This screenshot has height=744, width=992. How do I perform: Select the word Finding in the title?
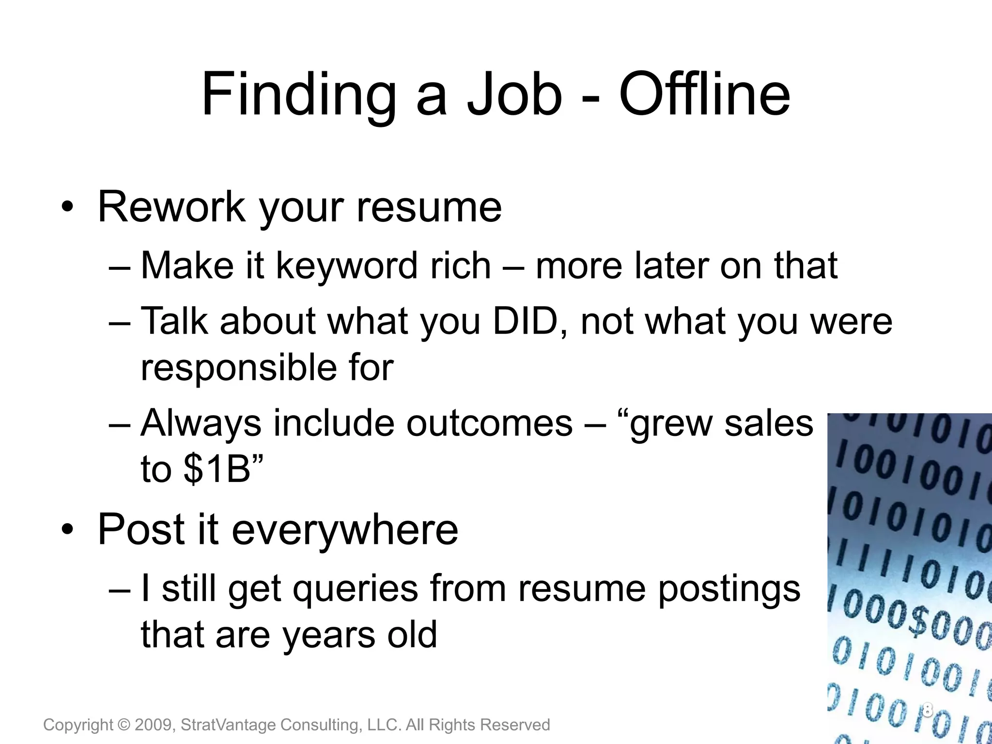pyautogui.click(x=299, y=95)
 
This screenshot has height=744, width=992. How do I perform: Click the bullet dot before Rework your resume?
pyautogui.click(x=67, y=208)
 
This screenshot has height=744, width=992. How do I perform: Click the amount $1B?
pyautogui.click(x=217, y=469)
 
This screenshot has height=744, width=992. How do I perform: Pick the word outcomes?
pyautogui.click(x=489, y=423)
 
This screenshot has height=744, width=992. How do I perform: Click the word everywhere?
pyautogui.click(x=345, y=529)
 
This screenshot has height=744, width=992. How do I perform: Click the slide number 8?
pyautogui.click(x=927, y=710)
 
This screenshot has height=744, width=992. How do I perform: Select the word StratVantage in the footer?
pyautogui.click(x=228, y=725)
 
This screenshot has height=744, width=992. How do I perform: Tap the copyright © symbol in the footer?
pyautogui.click(x=124, y=725)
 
